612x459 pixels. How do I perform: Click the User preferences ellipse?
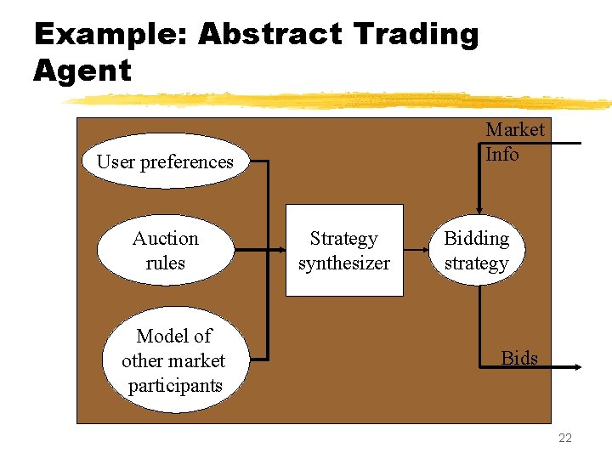pyautogui.click(x=165, y=161)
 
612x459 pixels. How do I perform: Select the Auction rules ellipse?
pyautogui.click(x=165, y=251)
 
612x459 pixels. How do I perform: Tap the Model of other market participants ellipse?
pyautogui.click(x=173, y=360)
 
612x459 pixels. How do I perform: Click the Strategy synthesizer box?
pyautogui.click(x=343, y=251)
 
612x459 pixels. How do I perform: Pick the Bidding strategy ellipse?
pyautogui.click(x=476, y=251)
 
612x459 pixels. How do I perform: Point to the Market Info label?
pyautogui.click(x=514, y=142)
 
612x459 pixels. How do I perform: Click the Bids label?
pyautogui.click(x=519, y=358)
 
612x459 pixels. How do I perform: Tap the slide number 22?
pyautogui.click(x=565, y=439)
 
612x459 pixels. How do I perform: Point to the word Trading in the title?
pyautogui.click(x=416, y=35)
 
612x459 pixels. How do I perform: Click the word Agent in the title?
pyautogui.click(x=82, y=71)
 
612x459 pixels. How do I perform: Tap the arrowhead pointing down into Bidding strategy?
pyautogui.click(x=479, y=207)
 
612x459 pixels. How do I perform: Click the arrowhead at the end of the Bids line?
pyautogui.click(x=576, y=367)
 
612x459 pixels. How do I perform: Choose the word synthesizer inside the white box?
pyautogui.click(x=343, y=263)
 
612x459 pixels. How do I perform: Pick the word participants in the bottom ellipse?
pyautogui.click(x=174, y=385)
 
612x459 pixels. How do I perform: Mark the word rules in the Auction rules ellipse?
pyautogui.click(x=165, y=263)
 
